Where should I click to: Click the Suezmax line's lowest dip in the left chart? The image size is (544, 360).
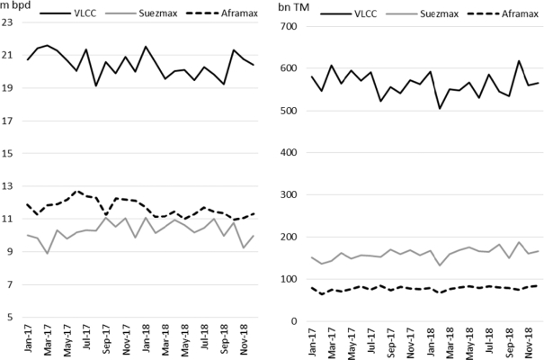click(48, 254)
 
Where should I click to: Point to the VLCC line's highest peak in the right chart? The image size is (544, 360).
click(519, 61)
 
